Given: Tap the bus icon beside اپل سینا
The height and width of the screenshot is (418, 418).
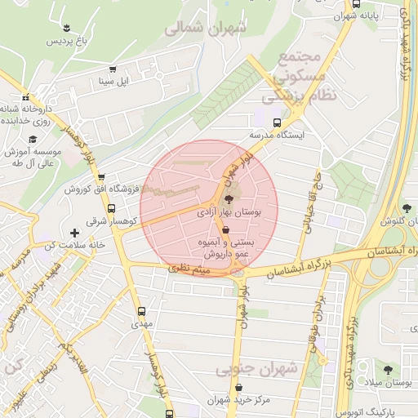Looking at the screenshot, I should pos(112,69).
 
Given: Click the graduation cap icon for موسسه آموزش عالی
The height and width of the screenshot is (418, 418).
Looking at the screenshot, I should pos(33,139).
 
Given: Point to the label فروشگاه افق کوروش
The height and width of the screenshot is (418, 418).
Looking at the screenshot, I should pos(95,189).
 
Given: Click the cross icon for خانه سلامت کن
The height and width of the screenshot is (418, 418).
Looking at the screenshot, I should pos(74,233).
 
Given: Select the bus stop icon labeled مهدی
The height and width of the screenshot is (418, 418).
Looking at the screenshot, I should pos(142,311).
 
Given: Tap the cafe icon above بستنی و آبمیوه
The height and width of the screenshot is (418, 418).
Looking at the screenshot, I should pos(225,231).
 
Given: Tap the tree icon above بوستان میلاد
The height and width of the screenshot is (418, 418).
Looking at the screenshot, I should pos(388,370).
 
